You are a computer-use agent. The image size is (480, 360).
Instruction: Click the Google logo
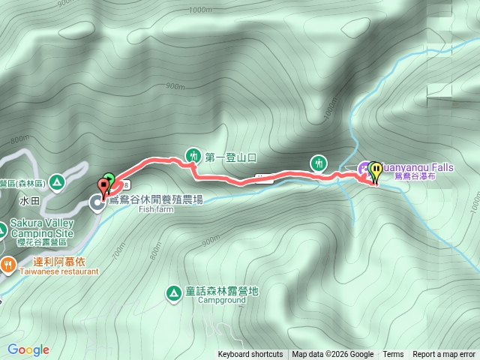pos(28,349)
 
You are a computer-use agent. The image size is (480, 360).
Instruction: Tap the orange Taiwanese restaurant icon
pos(7,264)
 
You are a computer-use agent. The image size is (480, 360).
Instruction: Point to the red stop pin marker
pos(103,185)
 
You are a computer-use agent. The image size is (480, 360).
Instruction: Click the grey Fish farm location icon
pos(97,201)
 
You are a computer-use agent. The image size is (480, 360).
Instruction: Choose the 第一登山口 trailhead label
pos(231,157)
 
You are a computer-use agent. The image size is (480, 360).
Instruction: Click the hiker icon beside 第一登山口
pos(193,157)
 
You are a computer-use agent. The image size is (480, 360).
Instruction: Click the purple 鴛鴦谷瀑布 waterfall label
pos(424,178)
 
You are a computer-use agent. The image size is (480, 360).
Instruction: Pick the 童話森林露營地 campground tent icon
pos(173,292)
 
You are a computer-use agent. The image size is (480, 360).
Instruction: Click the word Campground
pos(222,300)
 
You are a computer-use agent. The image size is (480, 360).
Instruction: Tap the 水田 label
pos(30,201)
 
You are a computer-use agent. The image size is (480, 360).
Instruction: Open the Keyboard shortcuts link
pos(250,355)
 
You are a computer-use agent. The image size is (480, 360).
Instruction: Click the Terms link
pos(393,355)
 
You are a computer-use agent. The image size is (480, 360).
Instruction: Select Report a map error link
pos(444,355)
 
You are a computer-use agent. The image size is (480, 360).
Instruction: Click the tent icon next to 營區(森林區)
pos(58,183)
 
